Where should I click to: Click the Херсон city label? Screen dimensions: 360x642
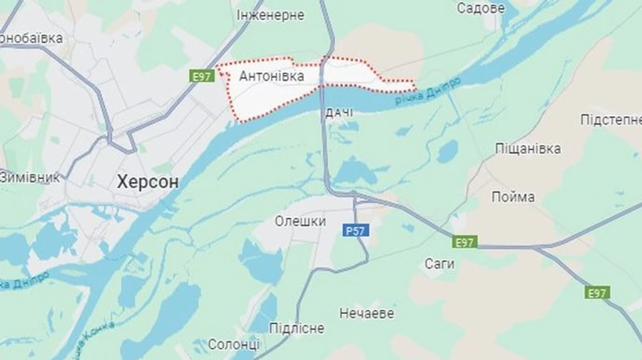point(147,182)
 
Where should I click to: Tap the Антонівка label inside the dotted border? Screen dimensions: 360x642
point(272,76)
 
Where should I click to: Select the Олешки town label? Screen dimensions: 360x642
point(300,222)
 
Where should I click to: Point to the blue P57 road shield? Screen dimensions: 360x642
point(355,231)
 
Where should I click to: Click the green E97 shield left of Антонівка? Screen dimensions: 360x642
point(202,76)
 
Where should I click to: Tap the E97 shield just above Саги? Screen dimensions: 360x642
point(464,242)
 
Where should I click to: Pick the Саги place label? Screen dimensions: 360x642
point(439,264)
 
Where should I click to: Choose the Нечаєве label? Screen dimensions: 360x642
point(367,313)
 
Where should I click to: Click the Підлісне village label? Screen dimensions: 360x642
point(296,328)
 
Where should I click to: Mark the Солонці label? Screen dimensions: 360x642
point(234,344)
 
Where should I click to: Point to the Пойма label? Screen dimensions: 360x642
point(513,197)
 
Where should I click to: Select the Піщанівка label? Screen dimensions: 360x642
point(528,149)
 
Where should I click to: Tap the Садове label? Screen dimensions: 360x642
point(480,9)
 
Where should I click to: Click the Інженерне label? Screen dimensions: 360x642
point(270,15)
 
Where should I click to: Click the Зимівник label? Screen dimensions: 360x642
point(30,177)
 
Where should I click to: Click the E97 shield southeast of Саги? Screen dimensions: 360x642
point(598,292)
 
